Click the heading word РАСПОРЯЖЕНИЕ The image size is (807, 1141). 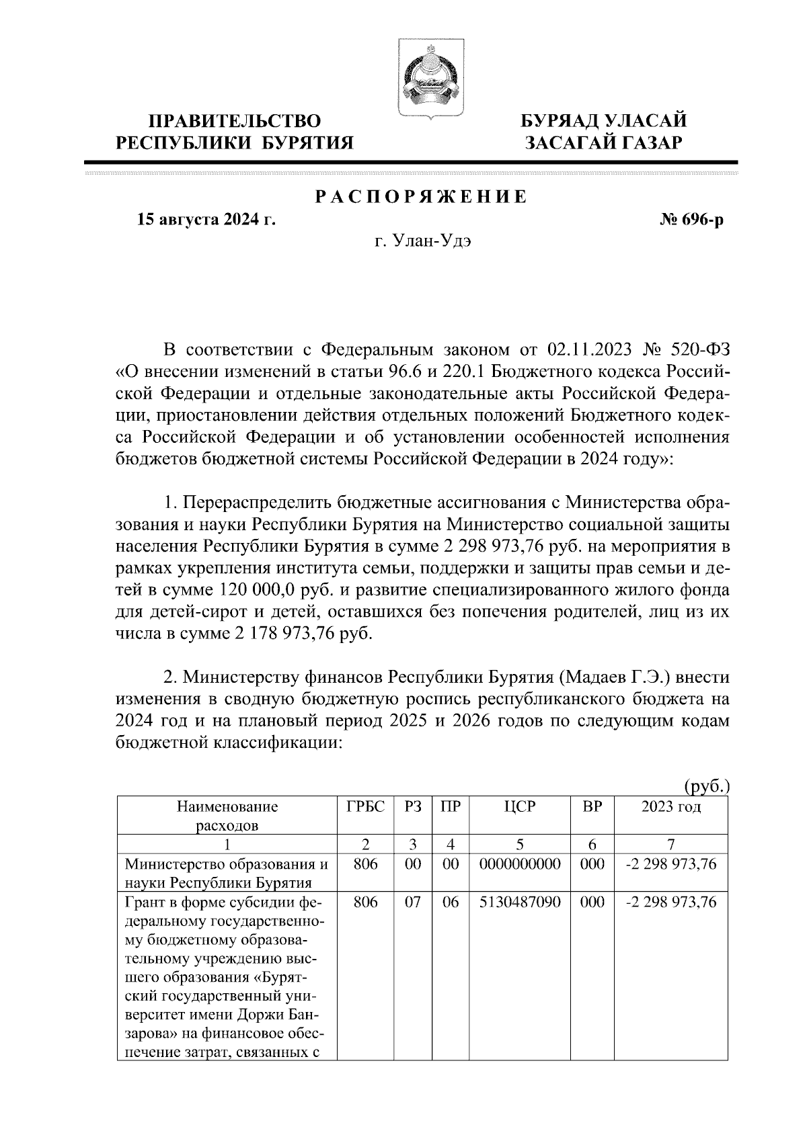click(x=421, y=197)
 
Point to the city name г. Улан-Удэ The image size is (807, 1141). click(x=422, y=242)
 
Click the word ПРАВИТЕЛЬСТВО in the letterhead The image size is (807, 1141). click(x=235, y=121)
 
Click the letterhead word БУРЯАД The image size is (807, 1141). click(x=561, y=121)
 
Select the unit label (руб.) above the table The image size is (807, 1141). click(x=706, y=786)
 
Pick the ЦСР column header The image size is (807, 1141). click(x=520, y=807)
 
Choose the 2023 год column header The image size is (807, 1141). click(x=670, y=807)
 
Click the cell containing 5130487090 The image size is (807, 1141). click(x=520, y=902)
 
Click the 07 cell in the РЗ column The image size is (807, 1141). click(x=412, y=902)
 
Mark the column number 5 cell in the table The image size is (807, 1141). click(x=520, y=845)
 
